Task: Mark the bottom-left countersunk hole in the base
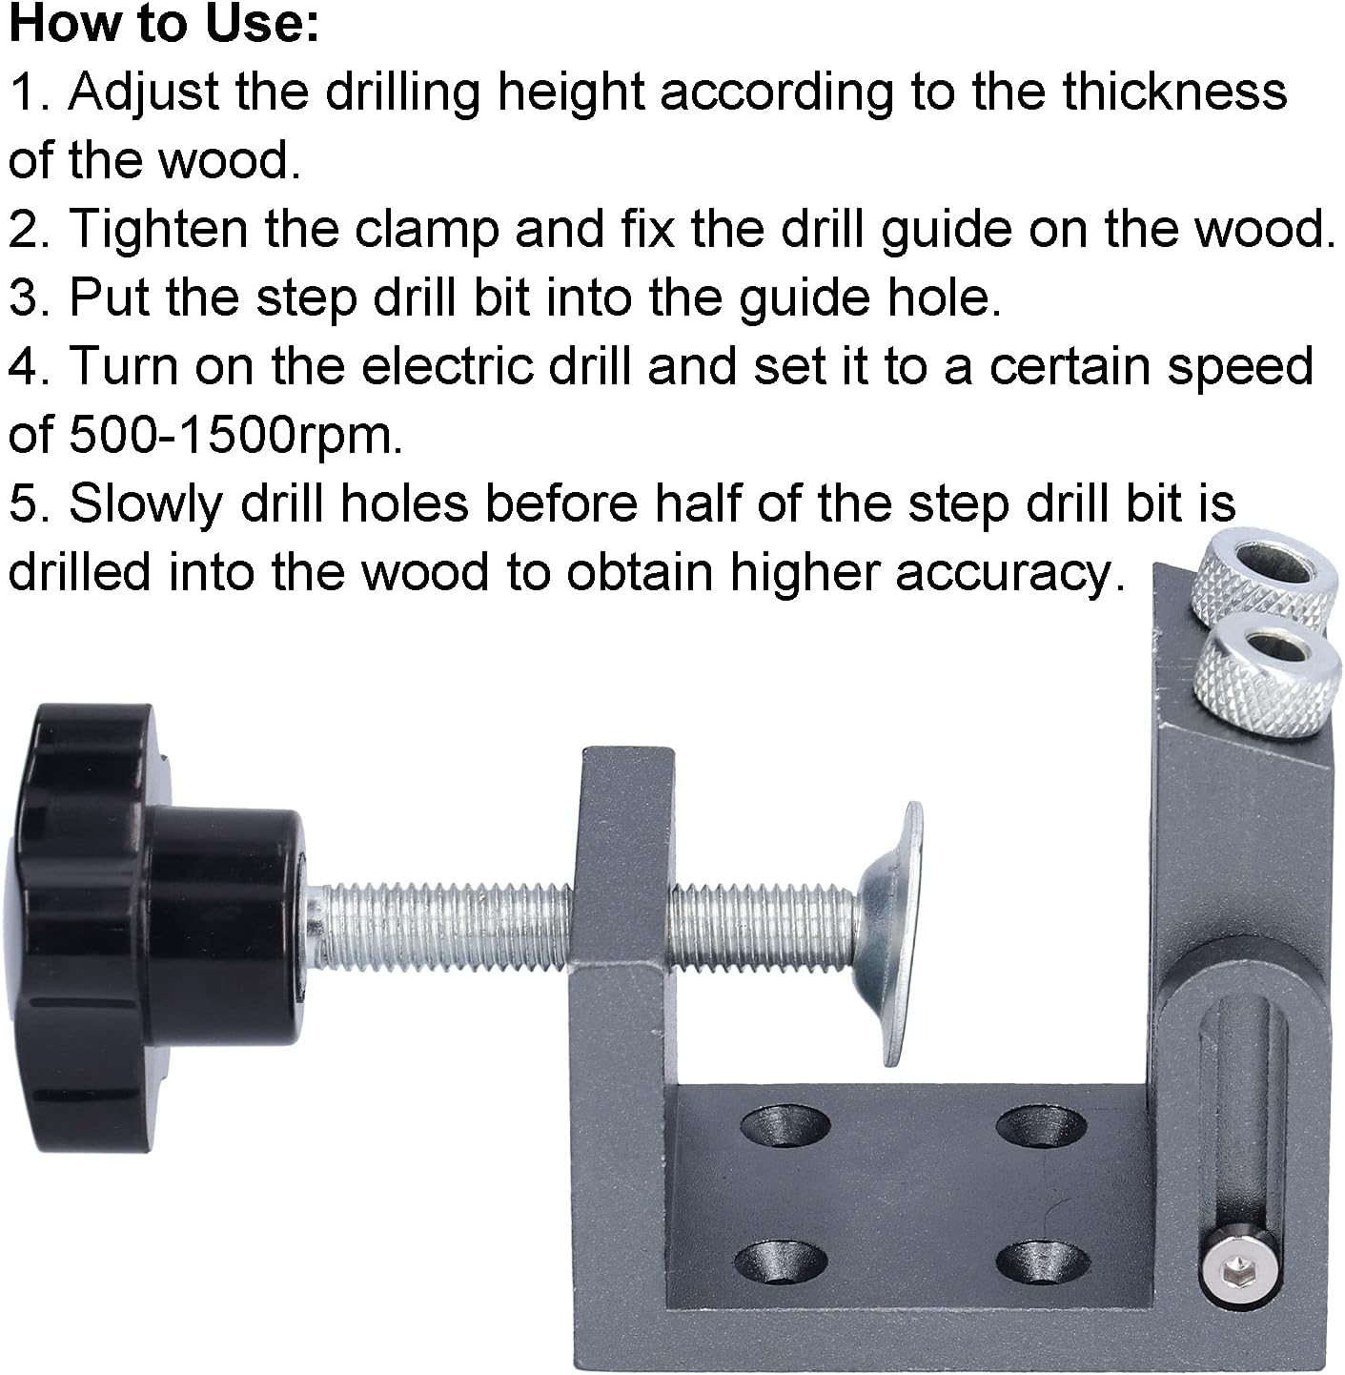tap(780, 1261)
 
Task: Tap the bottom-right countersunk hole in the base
tap(1039, 1261)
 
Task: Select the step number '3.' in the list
tap(31, 298)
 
